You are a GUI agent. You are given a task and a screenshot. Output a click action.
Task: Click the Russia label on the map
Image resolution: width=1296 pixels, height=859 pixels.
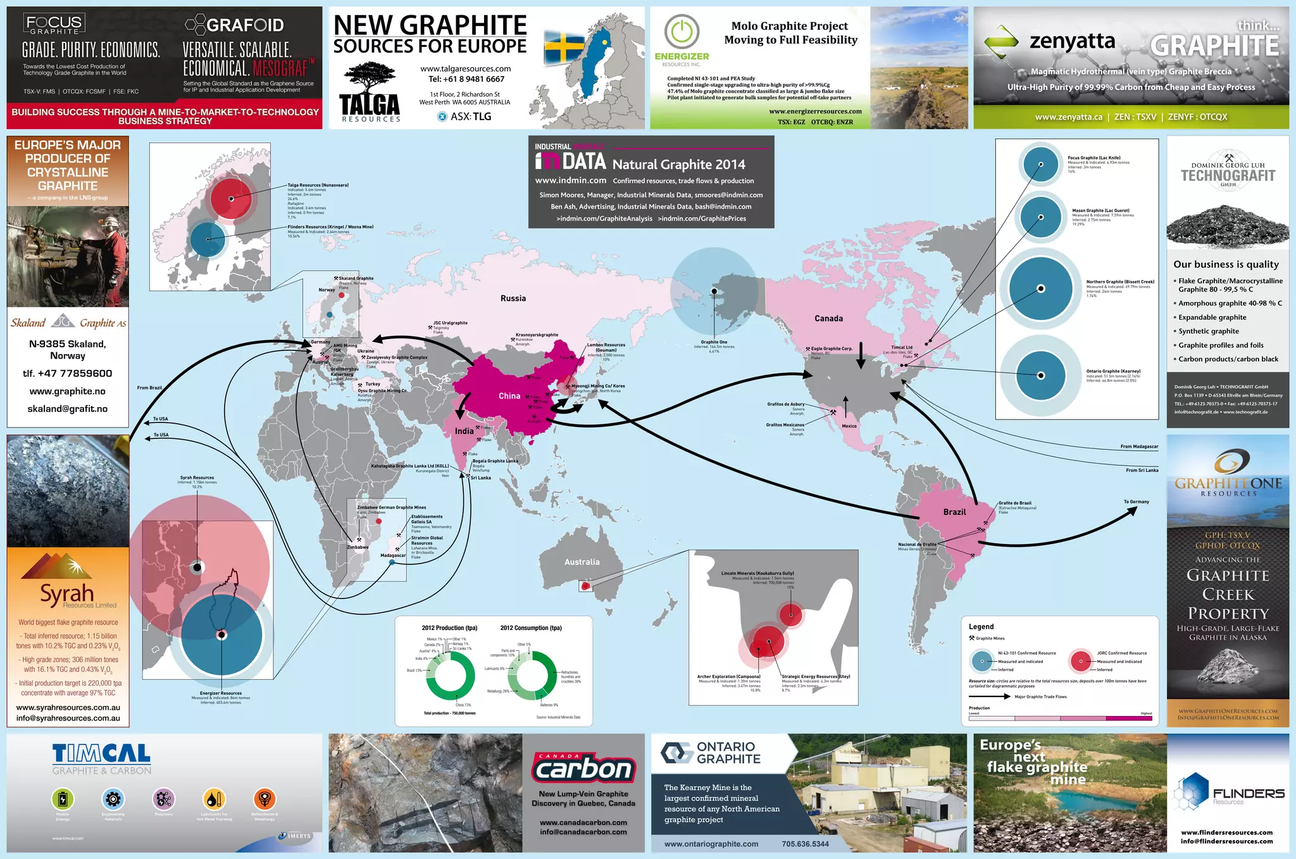pyautogui.click(x=513, y=299)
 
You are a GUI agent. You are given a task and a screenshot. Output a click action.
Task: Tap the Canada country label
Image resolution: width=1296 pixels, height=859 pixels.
pyautogui.click(x=828, y=319)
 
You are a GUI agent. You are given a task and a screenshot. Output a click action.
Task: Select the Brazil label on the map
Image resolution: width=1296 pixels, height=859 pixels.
pyautogui.click(x=954, y=512)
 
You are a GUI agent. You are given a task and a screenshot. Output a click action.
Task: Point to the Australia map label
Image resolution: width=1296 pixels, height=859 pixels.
pyautogui.click(x=582, y=562)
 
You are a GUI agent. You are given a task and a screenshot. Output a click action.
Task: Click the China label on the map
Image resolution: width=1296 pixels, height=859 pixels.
pyautogui.click(x=509, y=396)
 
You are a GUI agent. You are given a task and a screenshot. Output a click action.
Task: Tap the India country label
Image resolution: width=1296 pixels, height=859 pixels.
pyautogui.click(x=464, y=431)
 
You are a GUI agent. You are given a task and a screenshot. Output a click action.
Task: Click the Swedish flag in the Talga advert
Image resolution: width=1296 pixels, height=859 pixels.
pyautogui.click(x=565, y=49)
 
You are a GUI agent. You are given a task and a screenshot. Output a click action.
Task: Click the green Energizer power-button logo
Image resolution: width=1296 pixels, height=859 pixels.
pyautogui.click(x=682, y=31)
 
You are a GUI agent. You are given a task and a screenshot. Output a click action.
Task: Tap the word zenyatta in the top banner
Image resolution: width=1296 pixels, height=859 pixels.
pyautogui.click(x=1072, y=42)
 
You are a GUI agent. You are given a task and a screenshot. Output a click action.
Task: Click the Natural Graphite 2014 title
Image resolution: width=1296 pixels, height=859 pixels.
pyautogui.click(x=678, y=164)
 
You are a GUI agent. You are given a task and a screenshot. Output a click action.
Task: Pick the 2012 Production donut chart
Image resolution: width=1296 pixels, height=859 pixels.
pyautogui.click(x=450, y=676)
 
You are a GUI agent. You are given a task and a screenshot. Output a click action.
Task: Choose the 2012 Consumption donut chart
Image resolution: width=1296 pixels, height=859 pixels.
pyautogui.click(x=532, y=676)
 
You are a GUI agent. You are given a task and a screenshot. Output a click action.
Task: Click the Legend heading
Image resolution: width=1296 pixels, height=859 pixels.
pyautogui.click(x=981, y=627)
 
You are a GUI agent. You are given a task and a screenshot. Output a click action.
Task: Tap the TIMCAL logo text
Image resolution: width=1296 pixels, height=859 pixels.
pyautogui.click(x=101, y=753)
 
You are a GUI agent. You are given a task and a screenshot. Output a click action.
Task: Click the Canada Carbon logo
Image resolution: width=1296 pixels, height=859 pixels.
pyautogui.click(x=583, y=767)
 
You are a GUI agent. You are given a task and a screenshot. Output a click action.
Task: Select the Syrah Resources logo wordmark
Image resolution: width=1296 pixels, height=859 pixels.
pyautogui.click(x=67, y=594)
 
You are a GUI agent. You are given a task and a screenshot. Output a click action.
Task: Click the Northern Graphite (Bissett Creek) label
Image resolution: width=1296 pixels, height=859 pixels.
pyautogui.click(x=1119, y=282)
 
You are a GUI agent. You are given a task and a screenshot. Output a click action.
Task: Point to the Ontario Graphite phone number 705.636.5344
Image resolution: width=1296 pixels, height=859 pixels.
pyautogui.click(x=805, y=844)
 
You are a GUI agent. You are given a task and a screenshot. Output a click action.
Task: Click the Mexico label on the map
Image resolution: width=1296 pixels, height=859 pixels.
pyautogui.click(x=849, y=426)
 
